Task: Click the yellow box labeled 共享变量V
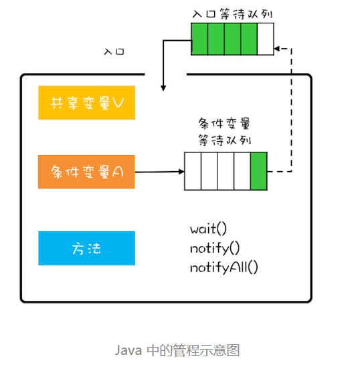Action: (x=86, y=103)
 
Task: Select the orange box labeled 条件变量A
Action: (x=86, y=172)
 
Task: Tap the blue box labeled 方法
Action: (x=86, y=248)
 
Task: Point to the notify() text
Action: (x=214, y=248)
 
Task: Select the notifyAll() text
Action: (x=223, y=267)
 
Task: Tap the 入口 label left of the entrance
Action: (x=114, y=51)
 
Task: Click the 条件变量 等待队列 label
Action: (x=224, y=132)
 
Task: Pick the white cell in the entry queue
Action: (x=266, y=38)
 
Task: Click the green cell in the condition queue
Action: (x=259, y=171)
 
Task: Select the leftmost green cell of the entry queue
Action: (x=199, y=38)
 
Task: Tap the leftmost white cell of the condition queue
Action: (x=193, y=171)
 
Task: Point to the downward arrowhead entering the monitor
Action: (x=163, y=87)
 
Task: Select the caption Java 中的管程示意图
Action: (x=177, y=350)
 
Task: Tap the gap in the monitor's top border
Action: (x=165, y=74)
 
